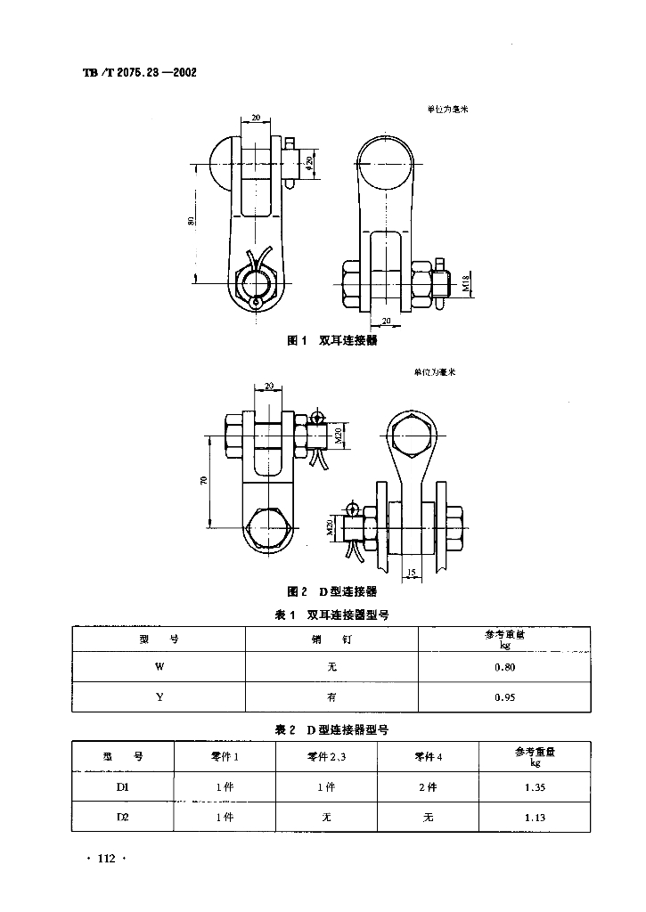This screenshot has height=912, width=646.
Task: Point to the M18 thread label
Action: point(467,284)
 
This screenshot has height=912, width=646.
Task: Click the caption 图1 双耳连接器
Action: point(331,341)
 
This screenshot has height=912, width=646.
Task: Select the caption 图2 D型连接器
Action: point(331,591)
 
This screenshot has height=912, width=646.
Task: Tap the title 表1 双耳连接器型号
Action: point(331,615)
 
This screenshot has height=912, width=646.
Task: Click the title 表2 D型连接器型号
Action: point(331,729)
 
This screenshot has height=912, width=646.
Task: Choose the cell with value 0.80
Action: point(504,666)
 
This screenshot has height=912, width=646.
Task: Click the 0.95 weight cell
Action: point(504,697)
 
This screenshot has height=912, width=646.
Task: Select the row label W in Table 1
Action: point(159,666)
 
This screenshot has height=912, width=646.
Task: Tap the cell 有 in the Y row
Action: point(331,697)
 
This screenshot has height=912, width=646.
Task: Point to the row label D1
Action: point(123,786)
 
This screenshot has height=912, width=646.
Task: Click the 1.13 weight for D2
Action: point(535,817)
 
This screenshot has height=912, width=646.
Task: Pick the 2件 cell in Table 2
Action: point(428,786)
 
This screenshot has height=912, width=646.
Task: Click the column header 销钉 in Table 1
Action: point(331,639)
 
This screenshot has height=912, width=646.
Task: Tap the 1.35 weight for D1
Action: point(535,786)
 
